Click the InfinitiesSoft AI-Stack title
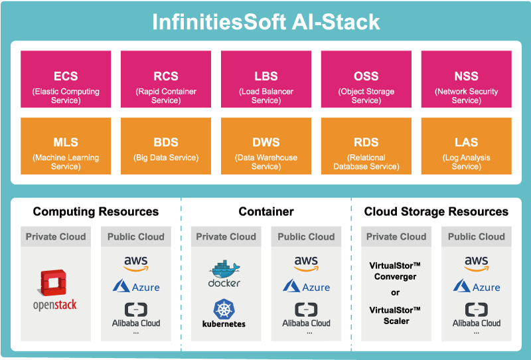(266, 22)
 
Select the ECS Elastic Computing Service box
(66, 79)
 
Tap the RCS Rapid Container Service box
(166, 79)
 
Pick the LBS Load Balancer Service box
(266, 79)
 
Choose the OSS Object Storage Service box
(366, 79)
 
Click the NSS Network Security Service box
(467, 79)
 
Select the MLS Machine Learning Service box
(66, 146)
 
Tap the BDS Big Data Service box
(166, 146)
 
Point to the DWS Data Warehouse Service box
(266, 146)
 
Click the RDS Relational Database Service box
(366, 146)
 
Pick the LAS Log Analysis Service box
(467, 146)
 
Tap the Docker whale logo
(224, 270)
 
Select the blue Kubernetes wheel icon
(224, 309)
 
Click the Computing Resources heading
(96, 211)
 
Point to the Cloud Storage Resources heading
(436, 211)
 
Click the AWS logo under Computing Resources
(136, 264)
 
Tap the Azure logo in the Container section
(307, 286)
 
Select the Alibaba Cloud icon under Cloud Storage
(477, 310)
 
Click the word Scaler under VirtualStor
(396, 321)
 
